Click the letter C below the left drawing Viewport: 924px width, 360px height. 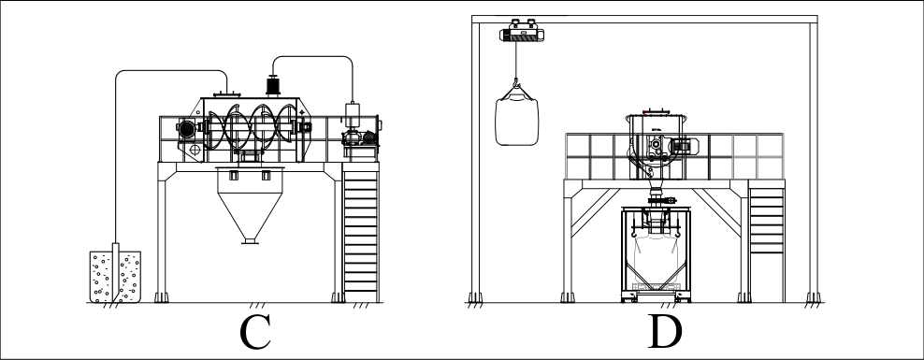254,332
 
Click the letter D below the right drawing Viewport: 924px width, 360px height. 665,332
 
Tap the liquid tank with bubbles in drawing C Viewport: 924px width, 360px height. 116,277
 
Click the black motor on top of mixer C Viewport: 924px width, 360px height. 273,85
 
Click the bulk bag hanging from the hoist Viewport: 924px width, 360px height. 517,119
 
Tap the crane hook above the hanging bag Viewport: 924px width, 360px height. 516,83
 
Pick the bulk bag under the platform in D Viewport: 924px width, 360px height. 656,259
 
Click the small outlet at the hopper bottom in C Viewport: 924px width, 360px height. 250,240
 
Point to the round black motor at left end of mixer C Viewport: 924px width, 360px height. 187,130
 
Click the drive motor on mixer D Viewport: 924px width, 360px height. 685,146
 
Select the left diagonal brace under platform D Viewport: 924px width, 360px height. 595,212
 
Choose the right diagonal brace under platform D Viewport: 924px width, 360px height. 716,212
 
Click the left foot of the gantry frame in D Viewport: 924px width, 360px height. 475,297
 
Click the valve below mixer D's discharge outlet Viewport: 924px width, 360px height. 662,201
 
